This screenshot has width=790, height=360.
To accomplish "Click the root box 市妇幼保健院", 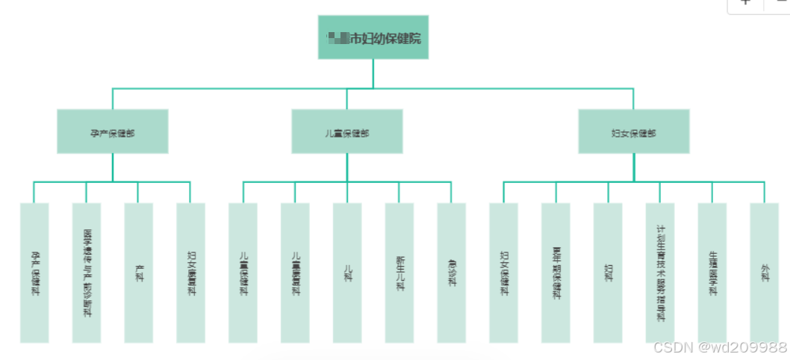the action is (373, 37).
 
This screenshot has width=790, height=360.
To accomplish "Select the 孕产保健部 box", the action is (113, 132).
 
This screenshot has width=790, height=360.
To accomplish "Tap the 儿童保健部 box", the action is (347, 132).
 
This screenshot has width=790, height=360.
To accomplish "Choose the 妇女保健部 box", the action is (634, 132).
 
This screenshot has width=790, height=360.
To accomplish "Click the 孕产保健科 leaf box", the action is (34, 273).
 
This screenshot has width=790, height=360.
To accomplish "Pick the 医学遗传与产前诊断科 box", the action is (87, 273).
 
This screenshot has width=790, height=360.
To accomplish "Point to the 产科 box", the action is (139, 273).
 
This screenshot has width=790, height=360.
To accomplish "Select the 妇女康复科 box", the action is (191, 273).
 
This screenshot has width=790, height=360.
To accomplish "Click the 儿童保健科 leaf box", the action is (243, 273).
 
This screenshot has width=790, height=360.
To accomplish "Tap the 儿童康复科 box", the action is (295, 273).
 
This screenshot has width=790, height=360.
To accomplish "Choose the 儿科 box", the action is (347, 273).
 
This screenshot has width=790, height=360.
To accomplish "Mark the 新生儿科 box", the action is (399, 273).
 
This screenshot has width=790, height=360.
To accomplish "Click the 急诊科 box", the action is (452, 273).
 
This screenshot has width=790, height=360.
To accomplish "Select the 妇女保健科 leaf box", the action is (504, 273).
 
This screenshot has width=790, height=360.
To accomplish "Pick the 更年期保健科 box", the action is (556, 273).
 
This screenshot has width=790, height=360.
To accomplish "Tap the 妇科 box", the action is (608, 273).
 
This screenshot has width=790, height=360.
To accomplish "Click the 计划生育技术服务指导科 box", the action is (660, 273).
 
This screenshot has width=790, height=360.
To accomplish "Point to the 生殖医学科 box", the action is (712, 273).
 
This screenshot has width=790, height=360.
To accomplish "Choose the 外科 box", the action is (765, 273).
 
